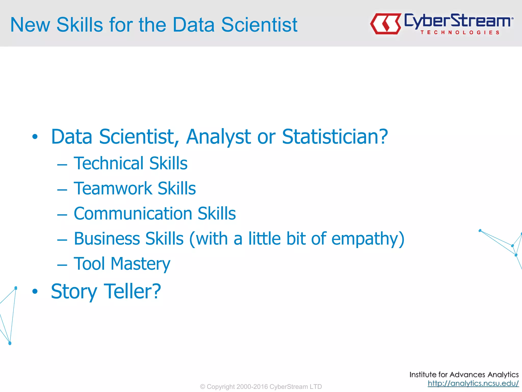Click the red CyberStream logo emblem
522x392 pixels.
[385, 24]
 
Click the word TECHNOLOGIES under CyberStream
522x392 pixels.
[460, 32]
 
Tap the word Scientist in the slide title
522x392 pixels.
[259, 25]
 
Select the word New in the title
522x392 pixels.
[30, 25]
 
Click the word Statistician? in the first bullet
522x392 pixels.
[335, 137]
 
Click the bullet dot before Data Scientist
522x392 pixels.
[35, 137]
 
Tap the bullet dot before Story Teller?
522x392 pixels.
[35, 291]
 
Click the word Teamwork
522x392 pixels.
[113, 188]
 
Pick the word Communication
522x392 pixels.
[133, 214]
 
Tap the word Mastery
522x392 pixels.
[140, 264]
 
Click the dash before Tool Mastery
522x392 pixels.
[62, 265]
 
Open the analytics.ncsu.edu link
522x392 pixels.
[473, 383]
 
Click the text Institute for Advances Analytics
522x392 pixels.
[464, 374]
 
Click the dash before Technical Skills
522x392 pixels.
[62, 165]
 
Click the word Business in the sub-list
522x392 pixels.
[107, 239]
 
